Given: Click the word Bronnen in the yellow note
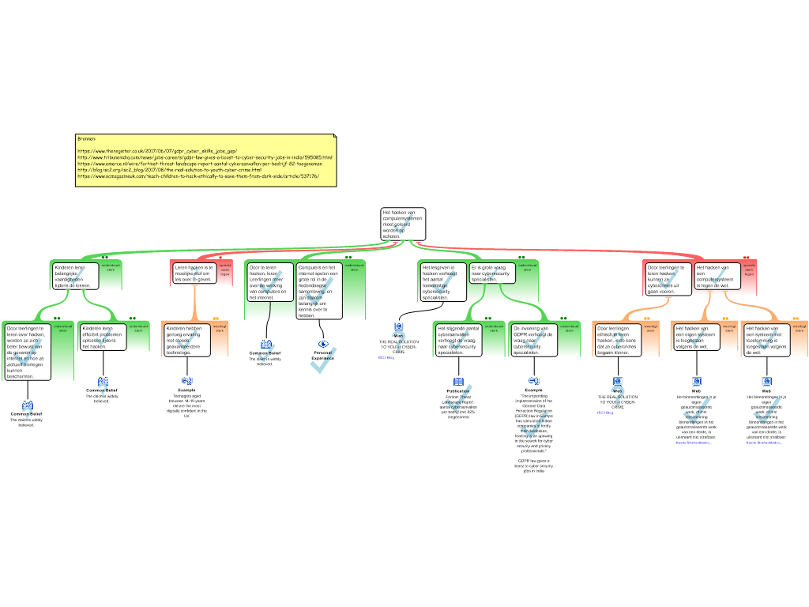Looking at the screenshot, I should pos(86,138).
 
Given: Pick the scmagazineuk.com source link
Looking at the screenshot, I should pos(198,176).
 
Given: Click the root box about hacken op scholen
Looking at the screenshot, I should pos(403,224).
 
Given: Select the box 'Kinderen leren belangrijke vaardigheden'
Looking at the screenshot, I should pos(75,276).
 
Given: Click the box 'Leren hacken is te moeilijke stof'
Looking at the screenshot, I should pos(194,273).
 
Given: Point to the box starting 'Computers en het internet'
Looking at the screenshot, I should pos(319,291).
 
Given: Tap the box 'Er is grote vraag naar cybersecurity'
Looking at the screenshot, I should pos(491,273).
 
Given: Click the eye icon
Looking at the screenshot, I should pos(323,344).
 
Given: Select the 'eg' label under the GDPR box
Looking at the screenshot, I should pos(534,380).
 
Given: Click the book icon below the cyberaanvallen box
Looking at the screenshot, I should pos(458,383).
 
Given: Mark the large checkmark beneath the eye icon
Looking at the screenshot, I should pos(323,361).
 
